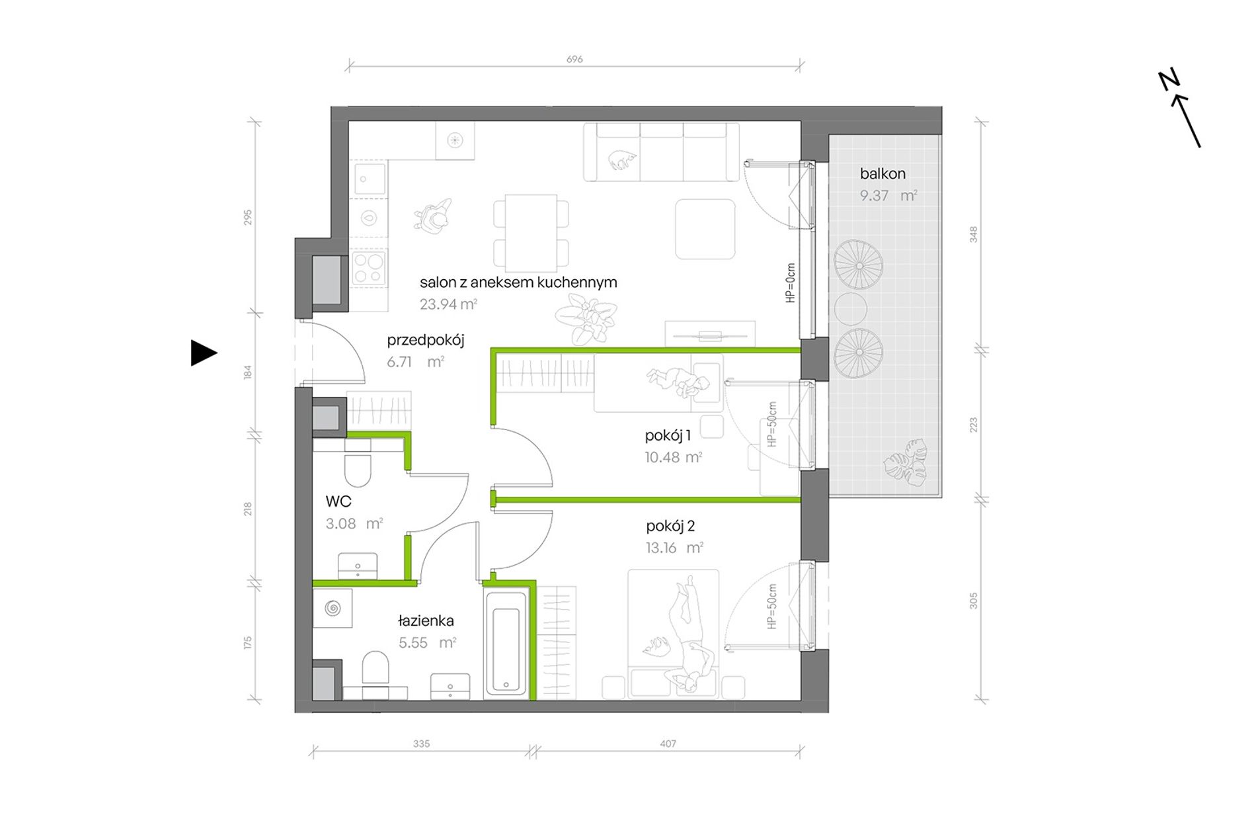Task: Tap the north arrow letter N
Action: tap(1169, 80)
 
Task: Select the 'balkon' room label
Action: tap(883, 174)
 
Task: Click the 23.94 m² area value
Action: tap(448, 304)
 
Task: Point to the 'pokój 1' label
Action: tap(668, 435)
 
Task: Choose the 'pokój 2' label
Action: tap(670, 526)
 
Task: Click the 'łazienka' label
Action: tap(426, 621)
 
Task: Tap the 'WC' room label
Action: tap(338, 501)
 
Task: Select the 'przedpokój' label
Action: tap(426, 341)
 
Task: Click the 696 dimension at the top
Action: tap(574, 59)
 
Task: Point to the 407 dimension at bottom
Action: tap(668, 744)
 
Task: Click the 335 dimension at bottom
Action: tap(421, 744)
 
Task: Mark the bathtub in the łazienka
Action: tap(506, 642)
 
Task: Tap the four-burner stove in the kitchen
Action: tap(369, 269)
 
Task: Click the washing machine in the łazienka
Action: tap(332, 607)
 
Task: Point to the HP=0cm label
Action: tap(791, 283)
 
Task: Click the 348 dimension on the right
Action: tap(973, 234)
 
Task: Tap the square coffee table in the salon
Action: tap(705, 229)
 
